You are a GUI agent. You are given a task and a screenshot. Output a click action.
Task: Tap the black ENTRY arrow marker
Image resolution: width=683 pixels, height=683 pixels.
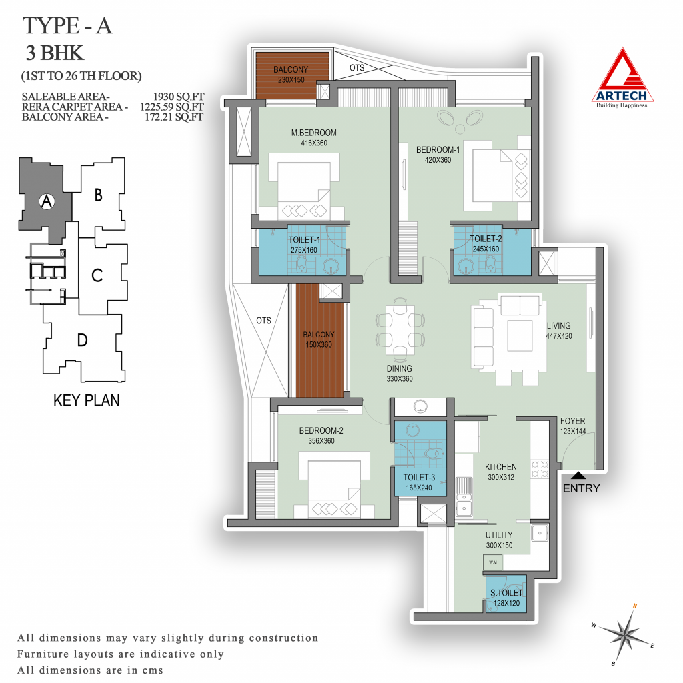pos(578,475)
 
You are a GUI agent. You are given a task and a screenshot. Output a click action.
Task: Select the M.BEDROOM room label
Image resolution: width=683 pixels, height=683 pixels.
pos(313,133)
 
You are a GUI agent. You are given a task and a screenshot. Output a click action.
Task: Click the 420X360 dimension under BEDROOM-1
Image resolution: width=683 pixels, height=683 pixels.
pos(438,160)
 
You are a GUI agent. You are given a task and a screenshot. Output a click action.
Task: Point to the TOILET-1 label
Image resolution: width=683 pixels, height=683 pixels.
pos(304,240)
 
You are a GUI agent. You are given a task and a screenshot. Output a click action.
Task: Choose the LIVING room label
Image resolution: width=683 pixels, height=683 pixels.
pos(558,325)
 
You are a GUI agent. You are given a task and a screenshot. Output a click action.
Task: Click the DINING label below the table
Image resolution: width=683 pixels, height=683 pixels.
pos(399,368)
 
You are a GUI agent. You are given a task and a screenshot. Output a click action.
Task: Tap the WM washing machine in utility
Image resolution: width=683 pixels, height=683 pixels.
pos(493,562)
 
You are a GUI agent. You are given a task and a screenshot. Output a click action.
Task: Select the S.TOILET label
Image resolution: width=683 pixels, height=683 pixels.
pos(506,593)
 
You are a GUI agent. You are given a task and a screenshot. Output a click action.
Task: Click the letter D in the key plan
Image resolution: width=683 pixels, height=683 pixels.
pos(82,339)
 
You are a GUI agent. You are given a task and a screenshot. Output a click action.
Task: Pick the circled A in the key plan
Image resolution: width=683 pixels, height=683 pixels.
pos(47,201)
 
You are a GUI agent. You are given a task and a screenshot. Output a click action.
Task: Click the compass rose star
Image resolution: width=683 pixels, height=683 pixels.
pos(624,634)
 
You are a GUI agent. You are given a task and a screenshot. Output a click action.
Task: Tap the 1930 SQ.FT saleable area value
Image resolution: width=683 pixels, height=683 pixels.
pos(178,97)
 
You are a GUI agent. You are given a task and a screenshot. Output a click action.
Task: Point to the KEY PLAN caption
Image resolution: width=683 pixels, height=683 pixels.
pos(86,400)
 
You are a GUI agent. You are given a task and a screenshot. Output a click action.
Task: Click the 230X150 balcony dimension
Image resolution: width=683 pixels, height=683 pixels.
pos(291,80)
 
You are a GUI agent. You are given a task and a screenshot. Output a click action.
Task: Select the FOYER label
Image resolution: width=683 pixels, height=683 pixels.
pos(572,421)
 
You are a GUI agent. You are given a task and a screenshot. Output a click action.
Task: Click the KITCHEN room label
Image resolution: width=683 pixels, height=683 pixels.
pos(500,466)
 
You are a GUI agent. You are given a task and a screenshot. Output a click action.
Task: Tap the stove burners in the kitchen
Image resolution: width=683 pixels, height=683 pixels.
pos(539,469)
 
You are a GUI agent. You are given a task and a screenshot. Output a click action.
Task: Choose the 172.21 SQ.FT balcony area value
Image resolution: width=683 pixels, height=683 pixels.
pos(174,117)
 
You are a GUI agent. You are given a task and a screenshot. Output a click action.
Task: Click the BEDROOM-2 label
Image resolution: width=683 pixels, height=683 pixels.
pos(321,430)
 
